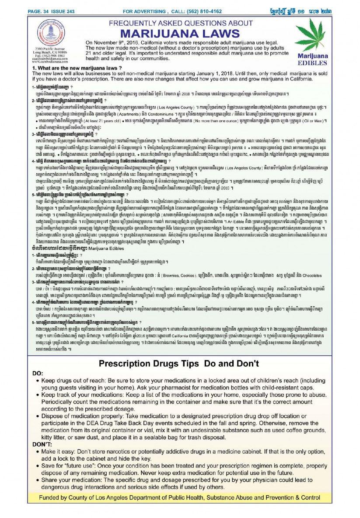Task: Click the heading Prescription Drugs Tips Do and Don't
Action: [x=179, y=363]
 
